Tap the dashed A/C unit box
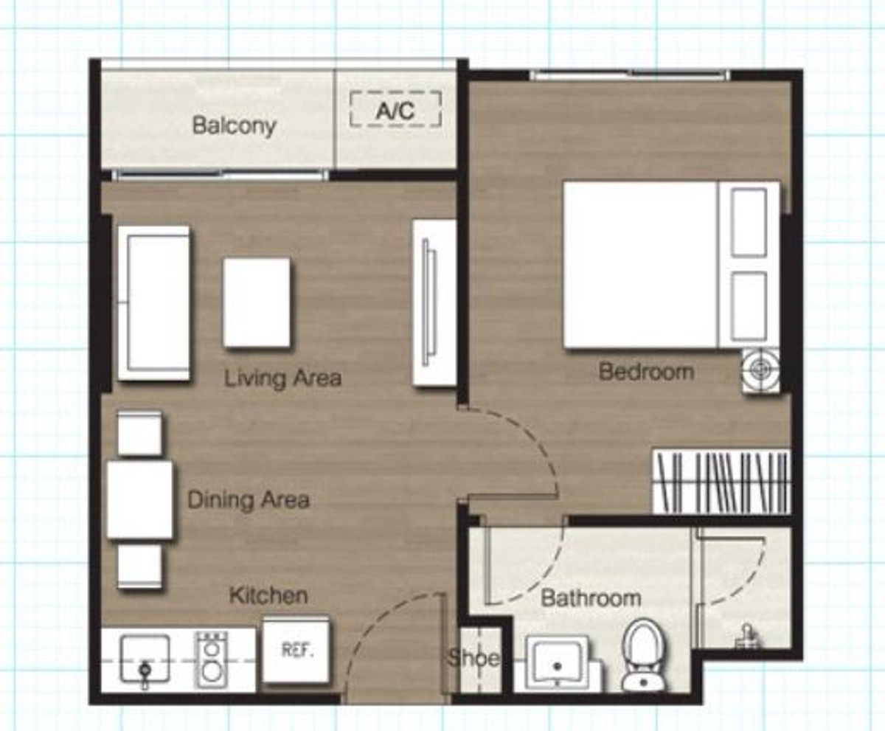(x=395, y=110)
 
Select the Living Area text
(x=282, y=378)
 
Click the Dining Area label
(x=248, y=499)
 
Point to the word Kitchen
(x=268, y=595)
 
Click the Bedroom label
(x=646, y=371)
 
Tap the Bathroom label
(x=591, y=597)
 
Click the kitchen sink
(x=145, y=659)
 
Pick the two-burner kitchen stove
(x=212, y=659)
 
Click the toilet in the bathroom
(x=644, y=654)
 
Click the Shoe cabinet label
(x=473, y=658)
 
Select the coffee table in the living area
(x=257, y=302)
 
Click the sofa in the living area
(x=153, y=303)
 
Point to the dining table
(x=140, y=499)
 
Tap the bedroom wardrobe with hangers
(x=721, y=482)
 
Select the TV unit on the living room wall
(x=433, y=302)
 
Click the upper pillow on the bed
(x=749, y=222)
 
